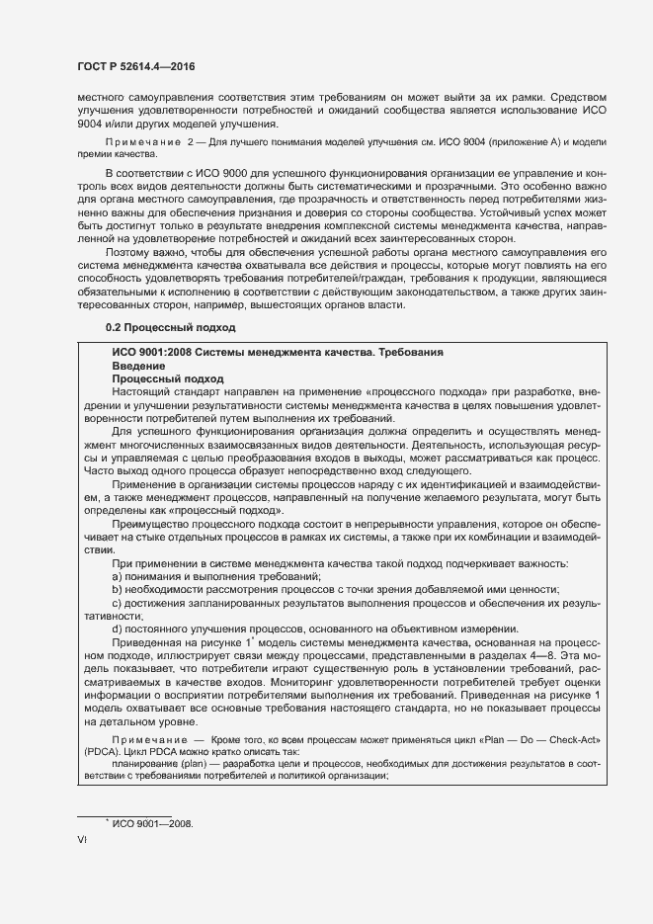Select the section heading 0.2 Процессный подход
[x=169, y=326]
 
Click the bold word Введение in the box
[x=138, y=366]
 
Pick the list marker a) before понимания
[x=118, y=576]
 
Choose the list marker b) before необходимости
[x=118, y=589]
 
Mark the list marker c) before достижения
[x=118, y=602]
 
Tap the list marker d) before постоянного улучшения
[x=118, y=629]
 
